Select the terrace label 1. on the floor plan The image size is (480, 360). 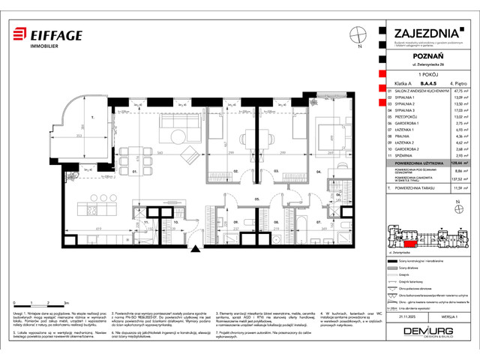click(x=91, y=118)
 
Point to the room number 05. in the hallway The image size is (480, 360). click(x=256, y=199)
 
